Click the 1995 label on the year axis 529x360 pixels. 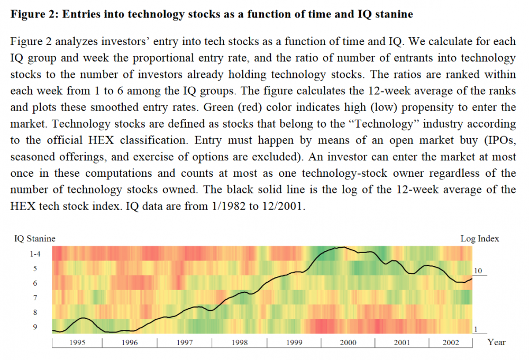click(77, 343)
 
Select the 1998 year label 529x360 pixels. click(239, 343)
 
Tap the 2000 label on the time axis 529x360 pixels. click(348, 343)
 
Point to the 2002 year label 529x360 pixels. click(451, 343)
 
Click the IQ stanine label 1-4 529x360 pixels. click(38, 254)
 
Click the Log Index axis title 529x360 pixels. click(479, 239)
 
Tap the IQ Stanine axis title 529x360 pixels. click(34, 239)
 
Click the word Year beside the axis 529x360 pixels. click(496, 342)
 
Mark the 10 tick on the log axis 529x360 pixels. click(478, 271)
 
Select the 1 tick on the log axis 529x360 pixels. click(475, 329)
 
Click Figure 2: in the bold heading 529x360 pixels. click(34, 14)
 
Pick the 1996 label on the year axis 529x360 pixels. click(129, 343)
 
